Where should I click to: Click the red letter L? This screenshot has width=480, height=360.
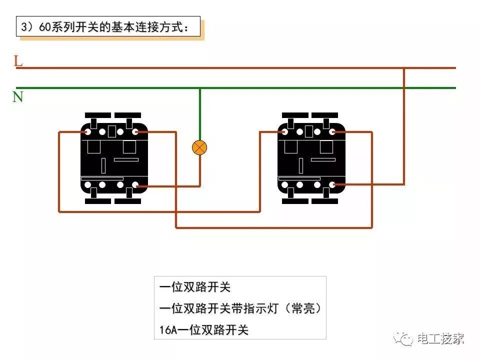tap(18, 61)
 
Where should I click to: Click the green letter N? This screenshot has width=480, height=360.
tap(18, 96)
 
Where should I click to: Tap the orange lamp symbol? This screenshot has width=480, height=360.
tap(199, 147)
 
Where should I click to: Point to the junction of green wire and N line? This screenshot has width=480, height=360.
tap(200, 88)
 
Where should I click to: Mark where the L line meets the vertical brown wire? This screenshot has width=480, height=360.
tap(404, 68)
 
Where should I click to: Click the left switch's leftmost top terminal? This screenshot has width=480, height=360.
tap(87, 132)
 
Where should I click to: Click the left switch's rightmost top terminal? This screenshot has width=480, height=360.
tap(135, 132)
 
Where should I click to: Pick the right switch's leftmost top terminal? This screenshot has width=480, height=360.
tap(284, 132)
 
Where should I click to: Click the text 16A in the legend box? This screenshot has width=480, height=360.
tap(168, 330)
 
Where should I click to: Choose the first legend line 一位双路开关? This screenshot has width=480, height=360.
tap(195, 287)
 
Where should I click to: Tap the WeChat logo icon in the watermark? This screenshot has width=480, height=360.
tap(402, 339)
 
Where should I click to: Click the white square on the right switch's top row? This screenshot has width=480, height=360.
tap(309, 132)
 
